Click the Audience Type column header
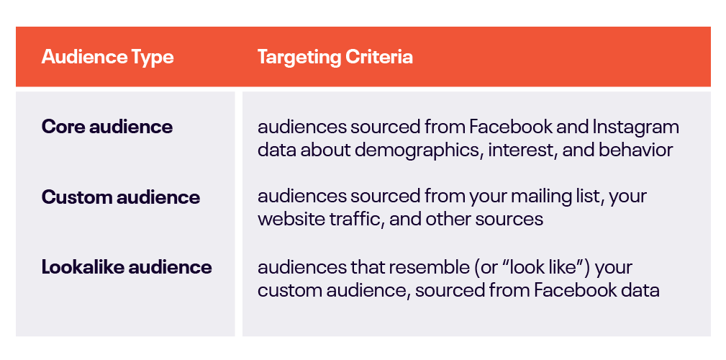click(107, 57)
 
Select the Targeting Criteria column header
click(335, 57)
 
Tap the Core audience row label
click(107, 127)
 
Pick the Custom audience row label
click(121, 197)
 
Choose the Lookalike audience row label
click(127, 267)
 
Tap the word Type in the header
click(154, 58)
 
